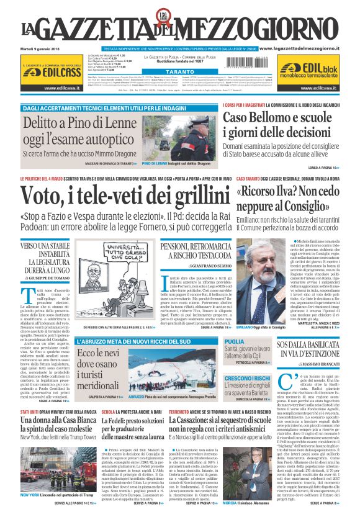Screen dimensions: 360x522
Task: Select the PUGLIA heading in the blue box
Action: click(x=235, y=342)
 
